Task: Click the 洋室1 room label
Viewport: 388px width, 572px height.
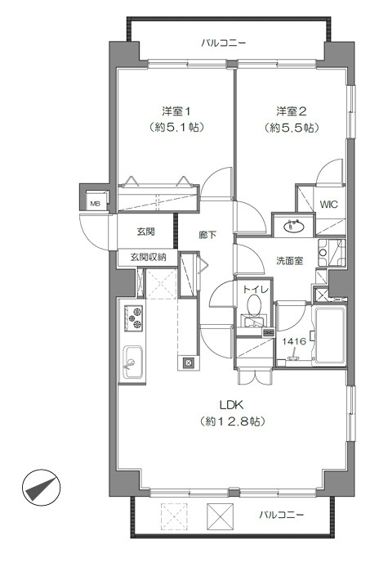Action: point(176,110)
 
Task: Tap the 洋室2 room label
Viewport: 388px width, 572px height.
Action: point(291,110)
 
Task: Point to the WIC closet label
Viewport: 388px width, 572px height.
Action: point(328,205)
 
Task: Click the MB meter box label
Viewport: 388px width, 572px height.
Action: point(95,205)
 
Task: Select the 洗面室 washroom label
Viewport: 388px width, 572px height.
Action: point(288,259)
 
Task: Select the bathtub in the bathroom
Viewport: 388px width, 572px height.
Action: point(330,335)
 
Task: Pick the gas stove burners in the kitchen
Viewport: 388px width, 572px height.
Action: point(132,317)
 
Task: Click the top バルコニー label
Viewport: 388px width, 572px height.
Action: point(223,43)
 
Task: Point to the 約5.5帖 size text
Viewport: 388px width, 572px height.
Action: point(291,128)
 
